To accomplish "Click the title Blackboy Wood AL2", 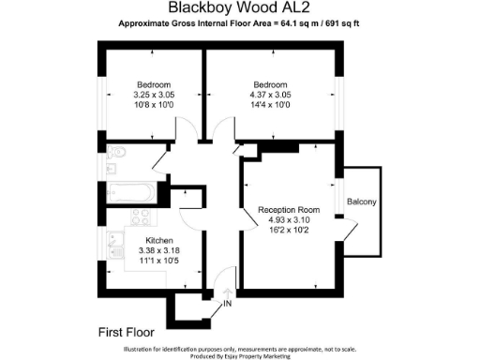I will coord(241,7).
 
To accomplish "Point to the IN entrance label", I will coord(227,304).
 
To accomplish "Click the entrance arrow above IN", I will coord(227,292).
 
